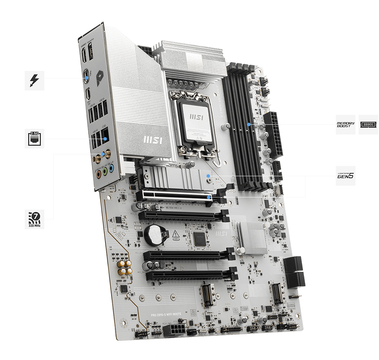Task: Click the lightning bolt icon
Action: tap(34, 80)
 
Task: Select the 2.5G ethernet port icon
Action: tap(34, 139)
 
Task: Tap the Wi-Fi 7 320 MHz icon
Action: tap(34, 219)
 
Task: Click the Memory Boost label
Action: tap(346, 125)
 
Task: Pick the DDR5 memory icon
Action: tap(368, 125)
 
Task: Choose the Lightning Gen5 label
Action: tap(346, 175)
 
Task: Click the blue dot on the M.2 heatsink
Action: tap(208, 176)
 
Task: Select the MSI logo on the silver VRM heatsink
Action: tap(152, 139)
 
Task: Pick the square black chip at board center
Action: tap(199, 238)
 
